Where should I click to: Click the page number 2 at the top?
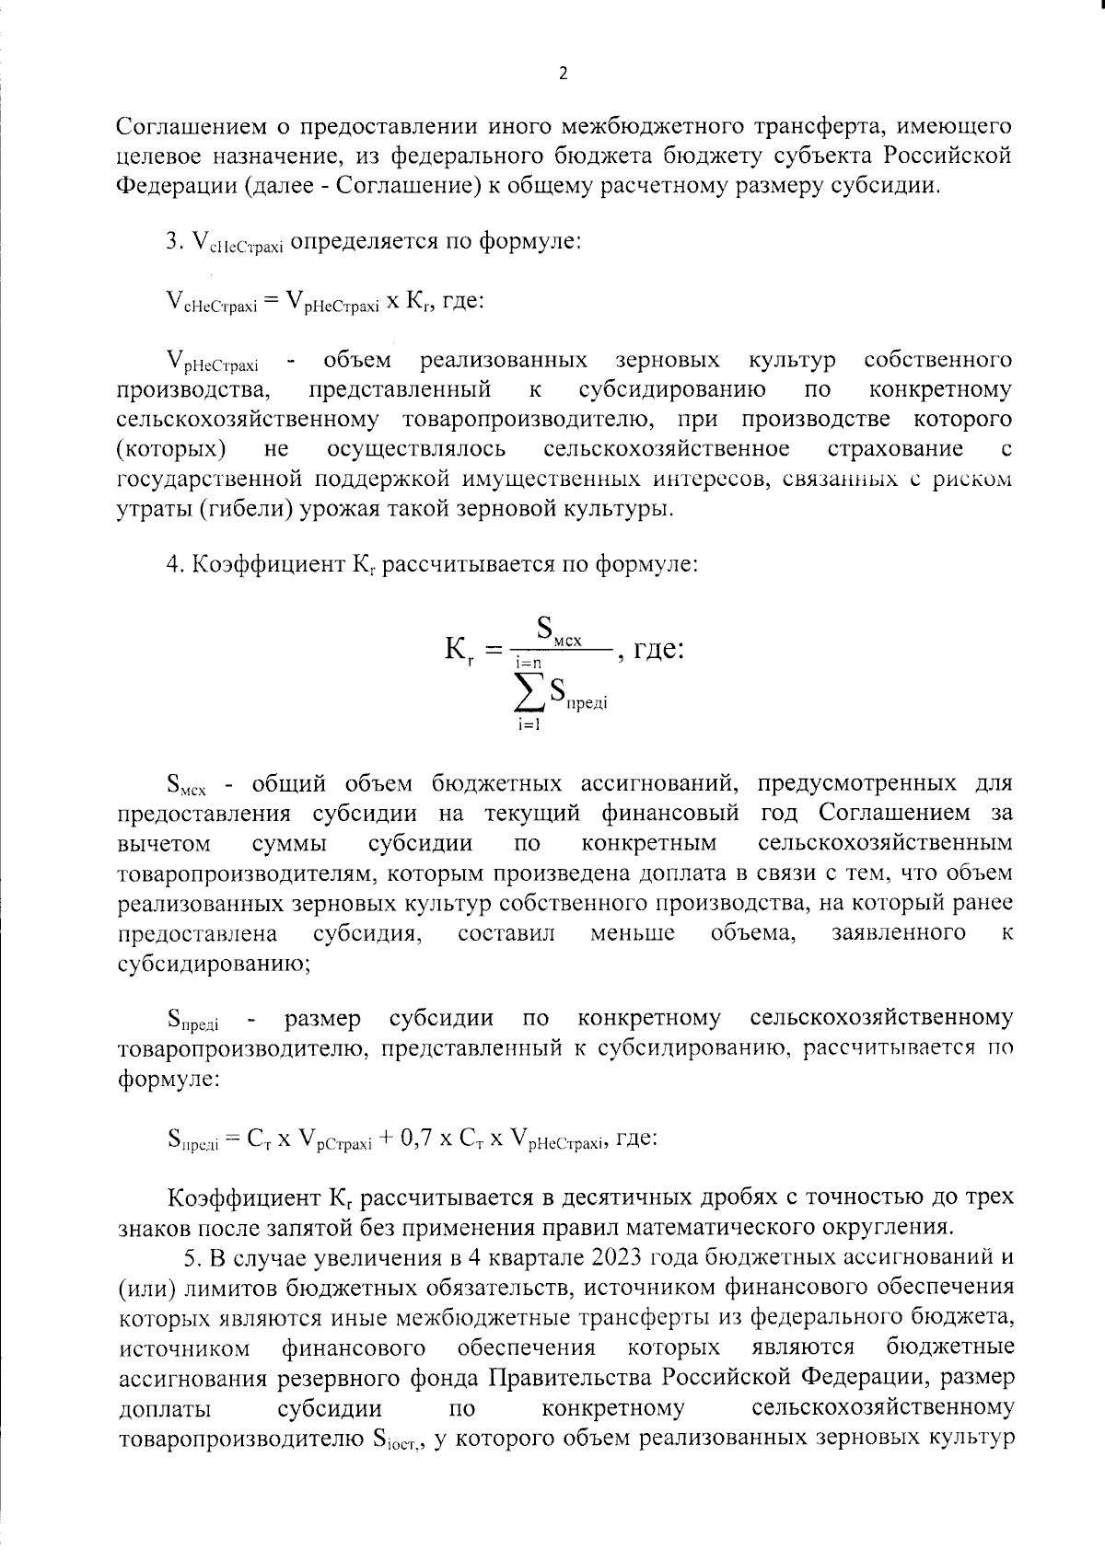coord(563,75)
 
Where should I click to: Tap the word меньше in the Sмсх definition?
coord(632,933)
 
